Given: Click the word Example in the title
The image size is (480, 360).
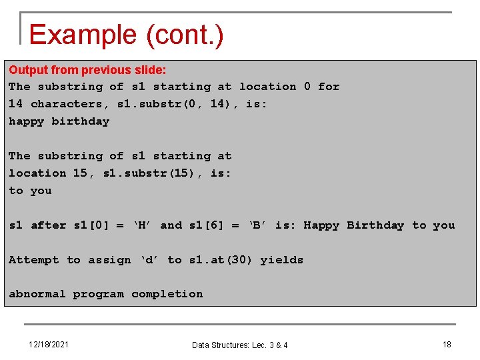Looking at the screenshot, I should click(81, 35).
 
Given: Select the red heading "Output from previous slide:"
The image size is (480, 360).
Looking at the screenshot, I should click(87, 70).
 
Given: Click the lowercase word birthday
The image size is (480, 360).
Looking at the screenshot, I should click(80, 121).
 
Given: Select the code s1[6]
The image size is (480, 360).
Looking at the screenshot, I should click(211, 225).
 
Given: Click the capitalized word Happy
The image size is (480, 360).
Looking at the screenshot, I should click(321, 225).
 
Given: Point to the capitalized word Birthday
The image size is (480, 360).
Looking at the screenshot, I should click(375, 225).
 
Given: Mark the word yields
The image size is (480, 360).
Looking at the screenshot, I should click(281, 260).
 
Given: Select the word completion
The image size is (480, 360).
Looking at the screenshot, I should click(167, 294).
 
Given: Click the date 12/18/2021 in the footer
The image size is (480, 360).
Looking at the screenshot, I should click(49, 345).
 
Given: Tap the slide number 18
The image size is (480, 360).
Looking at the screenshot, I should click(447, 345).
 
